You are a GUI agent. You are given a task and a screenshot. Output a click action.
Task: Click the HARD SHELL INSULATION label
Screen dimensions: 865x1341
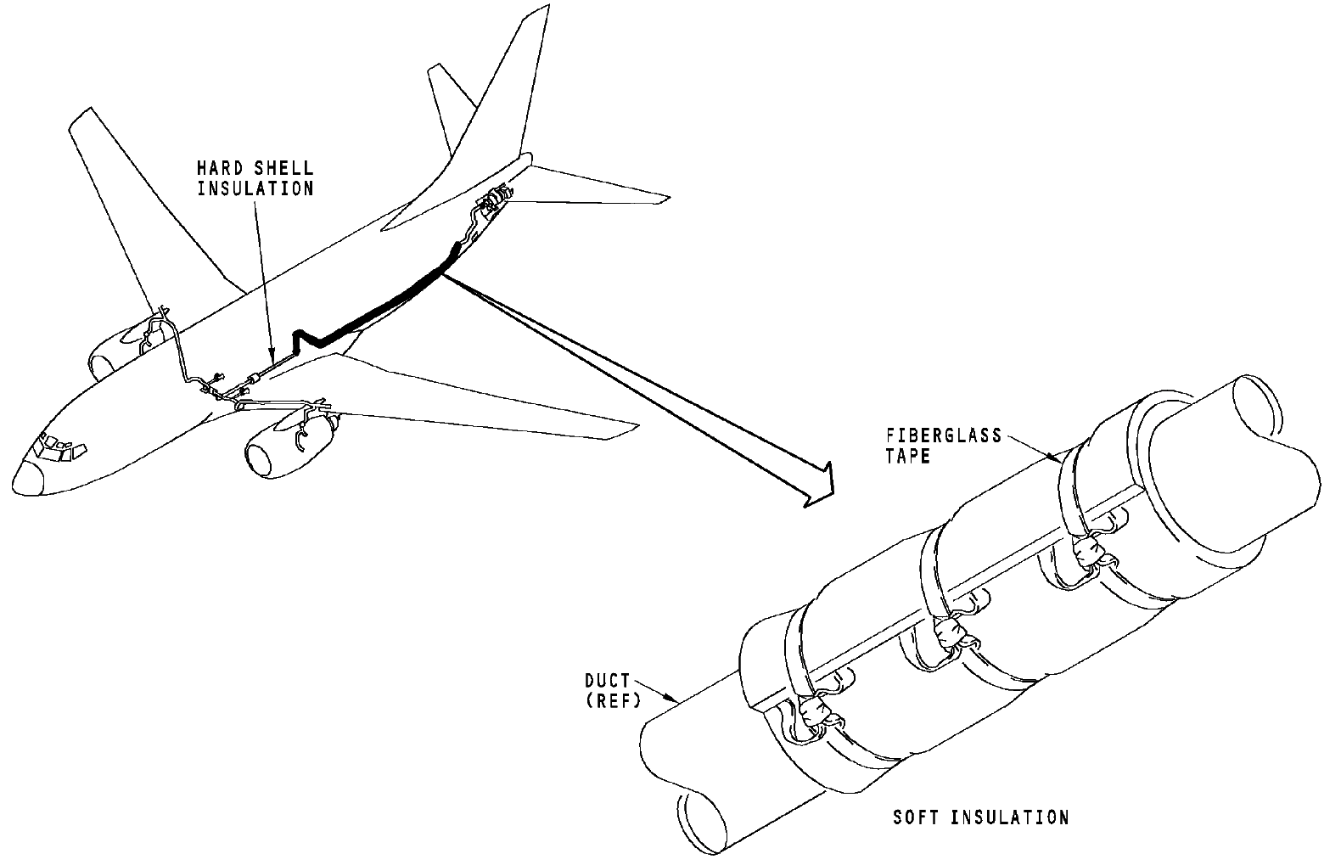click(255, 178)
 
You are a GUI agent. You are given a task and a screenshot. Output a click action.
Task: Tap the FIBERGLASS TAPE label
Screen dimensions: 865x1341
click(944, 446)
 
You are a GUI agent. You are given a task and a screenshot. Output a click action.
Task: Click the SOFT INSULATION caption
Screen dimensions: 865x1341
click(980, 818)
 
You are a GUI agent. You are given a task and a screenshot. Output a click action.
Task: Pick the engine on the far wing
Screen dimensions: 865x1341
click(119, 348)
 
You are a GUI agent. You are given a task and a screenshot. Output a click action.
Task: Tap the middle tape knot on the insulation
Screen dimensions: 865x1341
click(949, 632)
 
